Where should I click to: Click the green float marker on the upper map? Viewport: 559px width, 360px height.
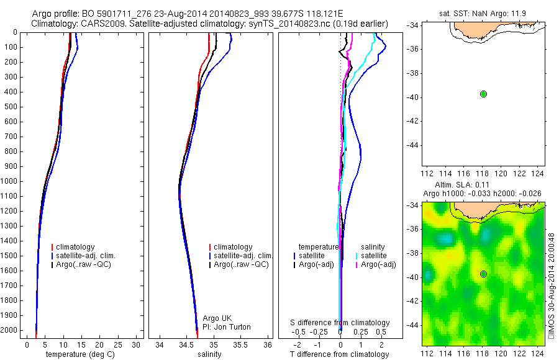[x=483, y=94]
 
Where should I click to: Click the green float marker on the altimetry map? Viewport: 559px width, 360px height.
[x=483, y=274]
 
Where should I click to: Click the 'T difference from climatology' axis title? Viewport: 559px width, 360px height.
[x=340, y=354]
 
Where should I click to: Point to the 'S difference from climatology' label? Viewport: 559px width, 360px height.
[x=340, y=323]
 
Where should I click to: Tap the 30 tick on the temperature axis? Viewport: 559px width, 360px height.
[x=137, y=344]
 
